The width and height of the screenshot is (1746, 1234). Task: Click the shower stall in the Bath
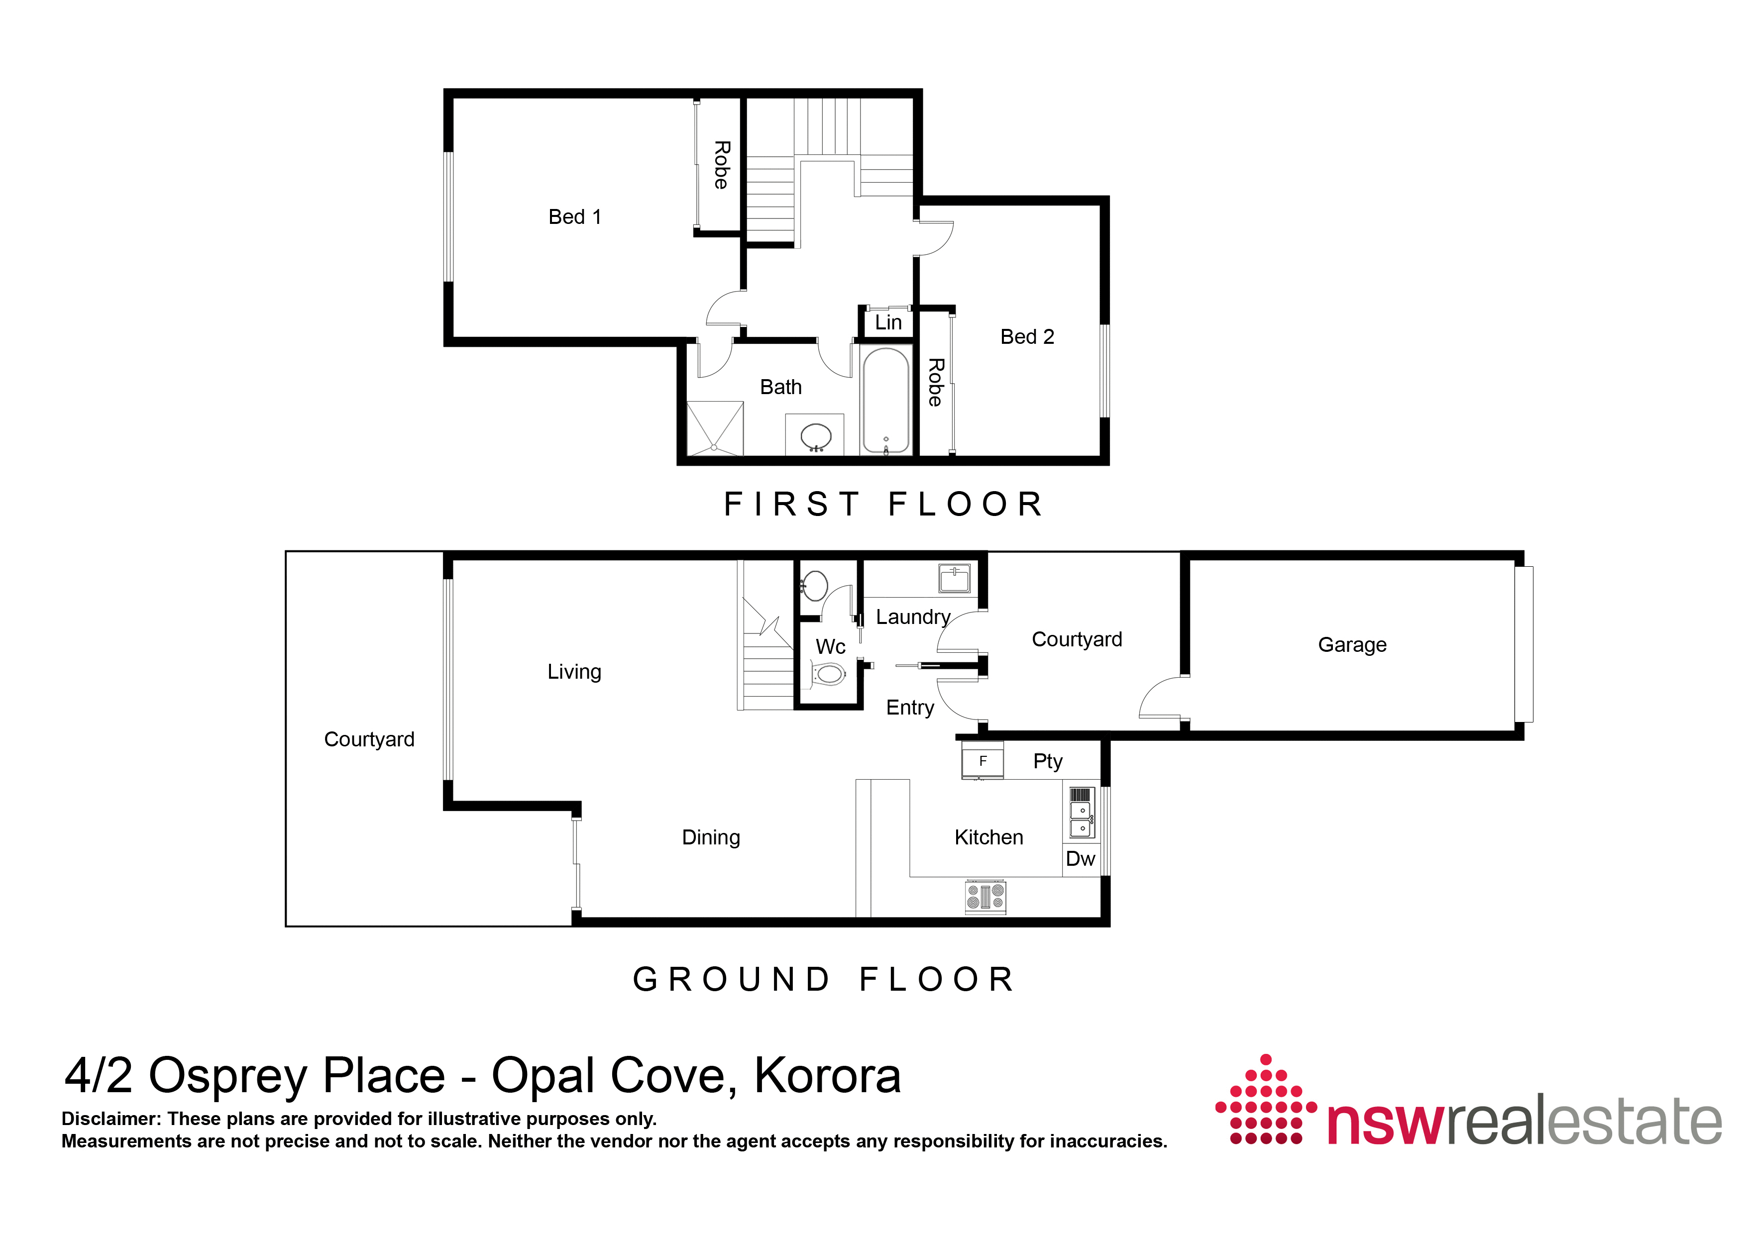[715, 428]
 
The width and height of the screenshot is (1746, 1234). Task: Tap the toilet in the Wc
[828, 674]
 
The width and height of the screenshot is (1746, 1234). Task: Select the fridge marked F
[982, 760]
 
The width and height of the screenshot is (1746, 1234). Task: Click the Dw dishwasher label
[1080, 859]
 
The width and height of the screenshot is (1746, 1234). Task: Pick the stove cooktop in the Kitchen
[985, 897]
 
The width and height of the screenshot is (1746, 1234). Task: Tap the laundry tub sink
[954, 579]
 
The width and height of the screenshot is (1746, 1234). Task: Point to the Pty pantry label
[1047, 762]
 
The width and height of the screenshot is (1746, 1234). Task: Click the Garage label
[1352, 645]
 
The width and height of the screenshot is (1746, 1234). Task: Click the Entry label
[909, 708]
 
